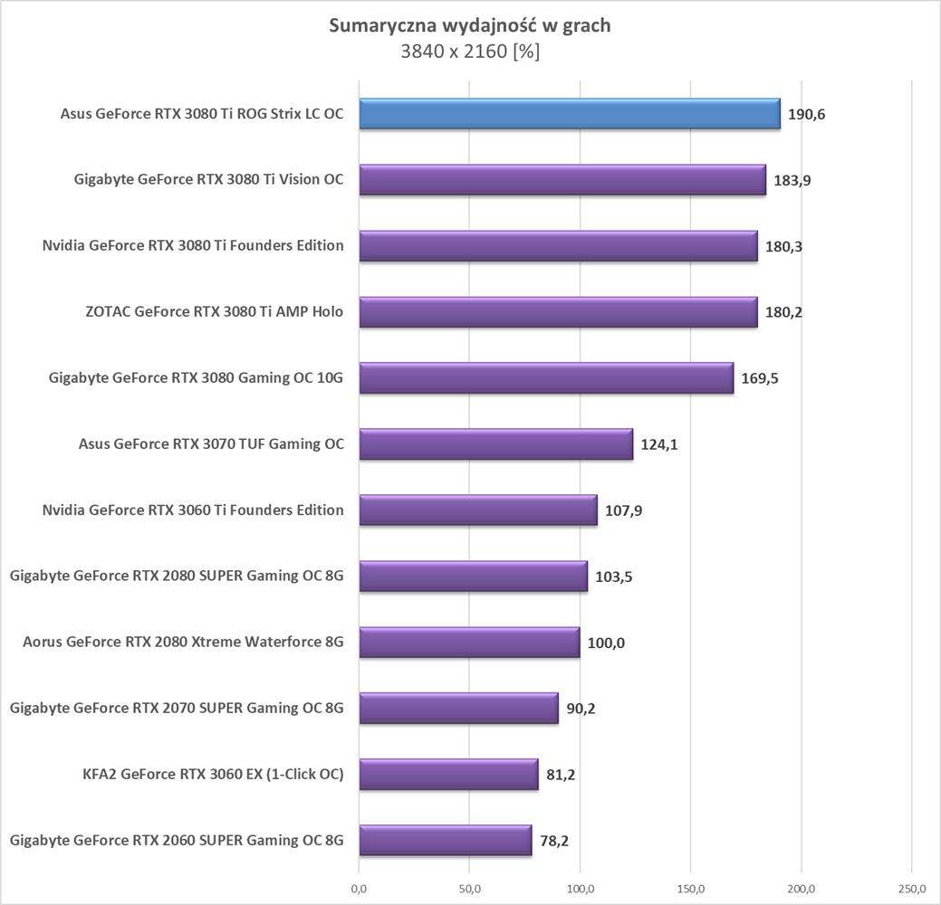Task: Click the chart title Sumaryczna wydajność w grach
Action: point(469,25)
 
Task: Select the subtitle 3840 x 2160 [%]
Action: point(469,52)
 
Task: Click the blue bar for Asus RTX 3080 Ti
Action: point(569,114)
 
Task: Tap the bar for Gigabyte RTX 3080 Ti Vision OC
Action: point(562,180)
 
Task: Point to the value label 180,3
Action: point(784,246)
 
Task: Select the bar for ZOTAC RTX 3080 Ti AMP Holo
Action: point(558,312)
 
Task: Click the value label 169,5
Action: point(760,378)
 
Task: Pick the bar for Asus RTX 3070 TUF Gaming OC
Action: point(495,444)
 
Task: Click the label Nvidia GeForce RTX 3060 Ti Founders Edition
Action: point(193,510)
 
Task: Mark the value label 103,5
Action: point(614,576)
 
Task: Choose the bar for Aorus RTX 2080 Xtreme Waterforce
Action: point(469,643)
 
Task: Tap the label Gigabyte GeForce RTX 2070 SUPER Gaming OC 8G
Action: point(177,709)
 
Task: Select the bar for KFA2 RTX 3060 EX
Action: point(448,775)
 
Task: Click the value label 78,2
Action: point(554,841)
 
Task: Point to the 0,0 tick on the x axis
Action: point(359,887)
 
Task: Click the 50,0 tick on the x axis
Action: point(469,887)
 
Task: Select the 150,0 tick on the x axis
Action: point(691,887)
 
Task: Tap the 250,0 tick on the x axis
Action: point(912,887)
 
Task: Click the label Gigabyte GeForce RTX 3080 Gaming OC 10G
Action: point(197,378)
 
